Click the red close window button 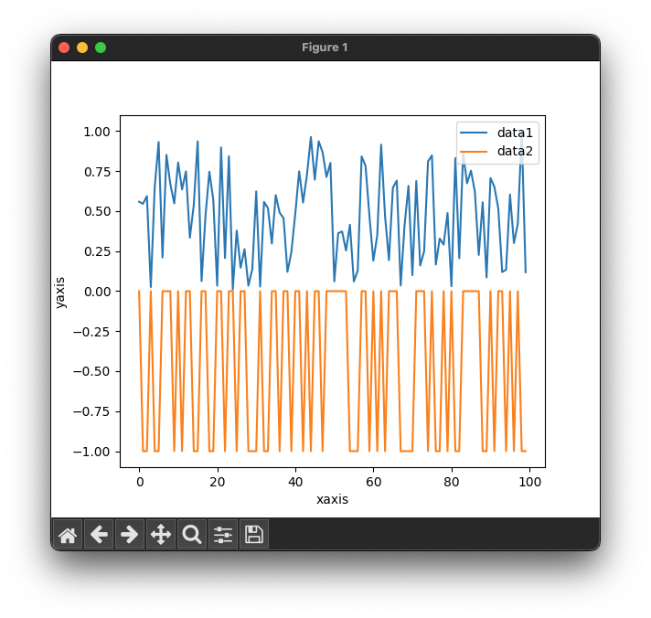pyautogui.click(x=64, y=48)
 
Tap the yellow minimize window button pyautogui.click(x=82, y=48)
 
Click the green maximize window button pyautogui.click(x=101, y=48)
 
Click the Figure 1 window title pyautogui.click(x=325, y=48)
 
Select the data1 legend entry pyautogui.click(x=515, y=132)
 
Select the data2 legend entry pyautogui.click(x=515, y=151)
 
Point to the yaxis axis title pyautogui.click(x=60, y=292)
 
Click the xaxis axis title pyautogui.click(x=332, y=500)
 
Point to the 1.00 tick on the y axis pyautogui.click(x=94, y=132)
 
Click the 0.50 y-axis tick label pyautogui.click(x=94, y=211)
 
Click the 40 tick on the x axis pyautogui.click(x=295, y=481)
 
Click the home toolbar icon pyautogui.click(x=68, y=534)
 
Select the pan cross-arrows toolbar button pyautogui.click(x=161, y=534)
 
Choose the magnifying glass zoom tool pyautogui.click(x=192, y=534)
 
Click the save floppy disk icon pyautogui.click(x=254, y=534)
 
